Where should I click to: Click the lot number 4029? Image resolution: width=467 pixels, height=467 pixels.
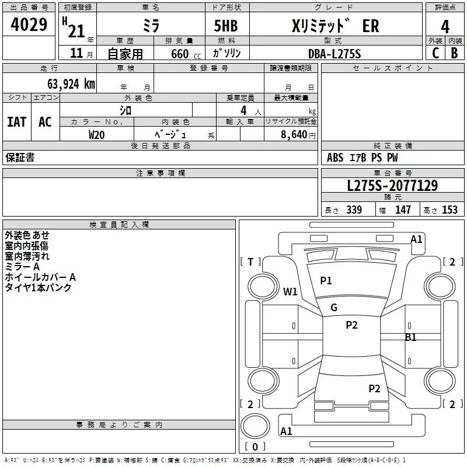click(29, 26)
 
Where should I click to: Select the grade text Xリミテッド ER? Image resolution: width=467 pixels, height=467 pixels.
click(335, 26)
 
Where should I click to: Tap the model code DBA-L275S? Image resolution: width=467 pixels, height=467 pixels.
click(334, 54)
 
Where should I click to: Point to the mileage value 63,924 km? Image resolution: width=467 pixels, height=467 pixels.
click(64, 83)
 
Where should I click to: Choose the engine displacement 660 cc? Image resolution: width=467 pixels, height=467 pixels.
click(179, 54)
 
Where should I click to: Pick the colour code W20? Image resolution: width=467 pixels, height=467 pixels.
click(96, 134)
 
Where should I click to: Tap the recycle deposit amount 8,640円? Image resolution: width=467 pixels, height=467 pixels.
click(298, 134)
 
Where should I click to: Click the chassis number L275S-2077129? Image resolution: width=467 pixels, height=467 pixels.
click(392, 186)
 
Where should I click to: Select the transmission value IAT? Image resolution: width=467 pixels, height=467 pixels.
click(17, 122)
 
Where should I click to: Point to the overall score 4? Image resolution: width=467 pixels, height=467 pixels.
click(445, 26)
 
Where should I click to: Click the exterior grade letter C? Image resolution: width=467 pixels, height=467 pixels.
click(435, 54)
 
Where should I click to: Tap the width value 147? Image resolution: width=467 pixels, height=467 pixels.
click(403, 210)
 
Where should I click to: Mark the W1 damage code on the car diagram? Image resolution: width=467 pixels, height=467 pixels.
click(290, 292)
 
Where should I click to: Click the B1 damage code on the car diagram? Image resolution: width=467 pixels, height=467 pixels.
click(411, 337)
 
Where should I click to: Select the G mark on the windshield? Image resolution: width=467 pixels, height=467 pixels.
click(334, 308)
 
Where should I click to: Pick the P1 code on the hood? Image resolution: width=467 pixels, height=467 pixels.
click(326, 281)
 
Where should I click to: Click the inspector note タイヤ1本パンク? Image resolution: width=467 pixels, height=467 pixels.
click(39, 288)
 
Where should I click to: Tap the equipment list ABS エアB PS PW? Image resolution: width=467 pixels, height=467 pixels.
click(362, 158)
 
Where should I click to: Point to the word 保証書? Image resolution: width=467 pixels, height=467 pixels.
click(20, 158)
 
